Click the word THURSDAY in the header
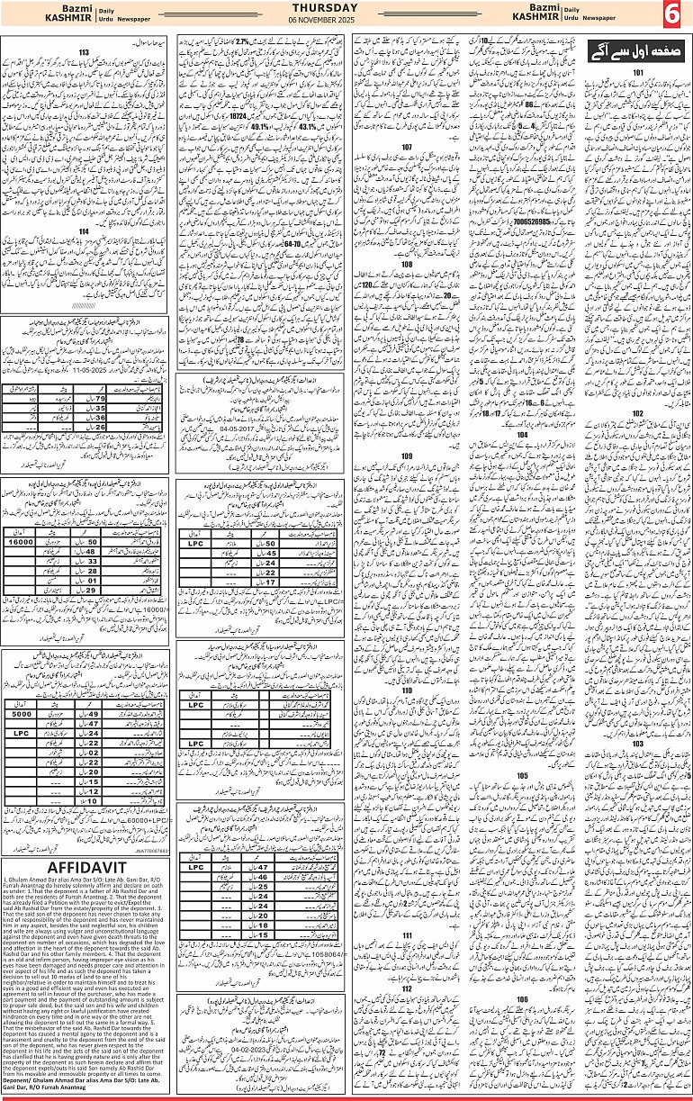pos(345,8)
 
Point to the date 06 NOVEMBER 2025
pos(345,20)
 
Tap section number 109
pos(407,456)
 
